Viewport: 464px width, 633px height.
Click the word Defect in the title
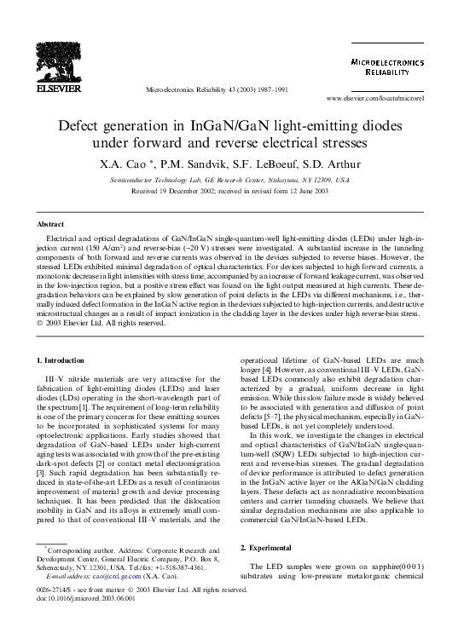click(83, 125)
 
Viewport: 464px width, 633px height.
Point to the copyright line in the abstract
click(107, 323)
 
